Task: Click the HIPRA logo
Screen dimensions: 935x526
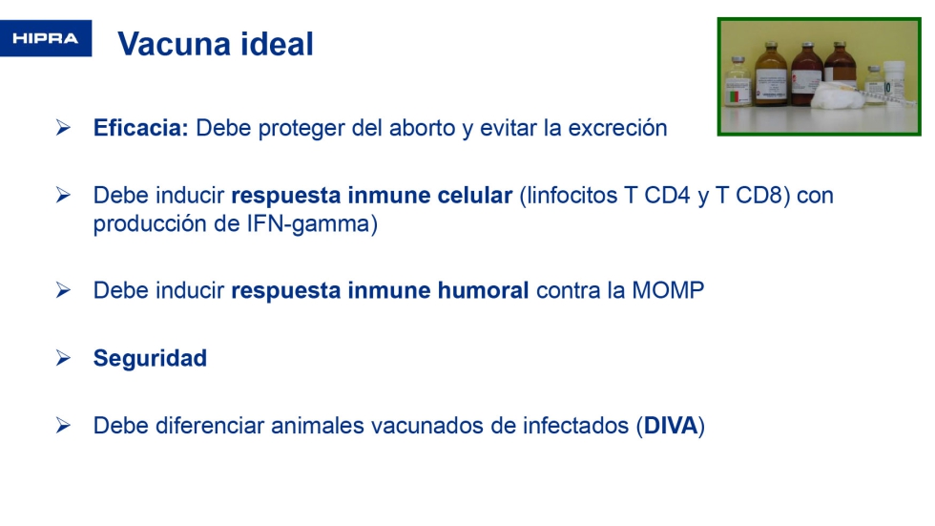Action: [46, 38]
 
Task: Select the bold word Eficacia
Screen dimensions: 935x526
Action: [141, 128]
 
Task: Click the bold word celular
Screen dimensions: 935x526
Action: [475, 195]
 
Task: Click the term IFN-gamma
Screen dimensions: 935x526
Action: [308, 224]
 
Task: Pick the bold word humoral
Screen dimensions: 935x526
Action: [483, 290]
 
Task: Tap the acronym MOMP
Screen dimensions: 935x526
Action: [668, 290]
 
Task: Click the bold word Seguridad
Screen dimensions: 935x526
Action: [151, 358]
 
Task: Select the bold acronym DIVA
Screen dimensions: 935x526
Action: [670, 426]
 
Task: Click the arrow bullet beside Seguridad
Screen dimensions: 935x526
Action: [63, 358]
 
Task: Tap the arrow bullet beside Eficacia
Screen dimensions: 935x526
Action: [63, 127]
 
